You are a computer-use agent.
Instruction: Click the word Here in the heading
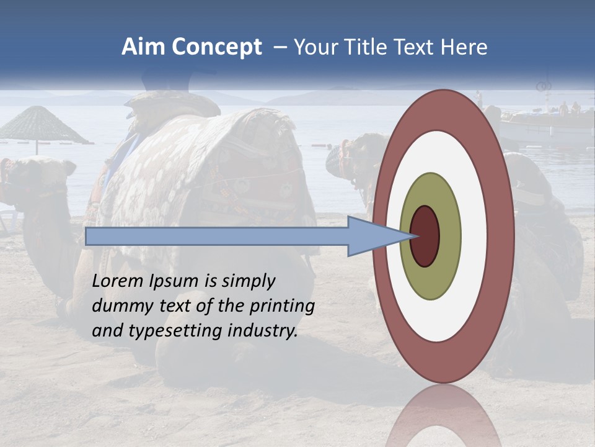click(x=464, y=47)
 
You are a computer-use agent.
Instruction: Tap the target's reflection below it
click(x=443, y=419)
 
